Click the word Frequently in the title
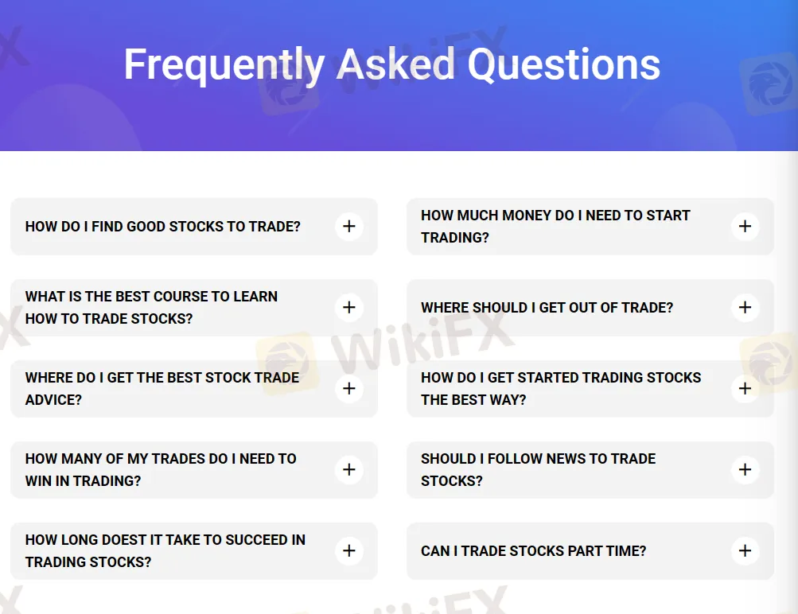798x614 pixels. [x=223, y=65]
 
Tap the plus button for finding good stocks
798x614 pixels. [x=348, y=227]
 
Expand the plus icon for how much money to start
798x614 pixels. [x=745, y=227]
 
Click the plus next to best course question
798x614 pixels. [x=348, y=308]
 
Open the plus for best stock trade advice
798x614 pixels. [x=348, y=389]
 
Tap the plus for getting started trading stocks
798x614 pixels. [x=745, y=389]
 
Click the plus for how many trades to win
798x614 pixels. [x=348, y=470]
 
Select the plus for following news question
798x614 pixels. [x=745, y=470]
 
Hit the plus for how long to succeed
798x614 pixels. [x=348, y=551]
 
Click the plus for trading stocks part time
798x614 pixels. [x=745, y=551]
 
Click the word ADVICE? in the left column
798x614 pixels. [x=53, y=400]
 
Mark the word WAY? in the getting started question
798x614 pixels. [x=506, y=400]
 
